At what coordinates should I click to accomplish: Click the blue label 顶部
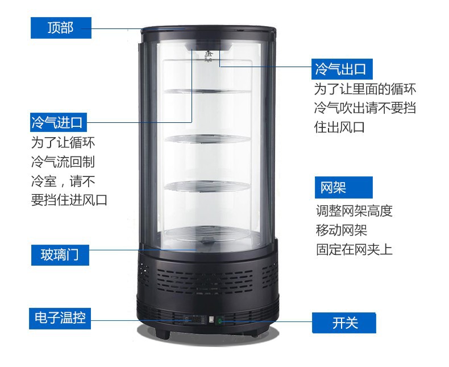pos(61,27)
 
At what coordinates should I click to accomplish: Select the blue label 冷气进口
pos(59,122)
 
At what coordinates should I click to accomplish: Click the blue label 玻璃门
pos(61,254)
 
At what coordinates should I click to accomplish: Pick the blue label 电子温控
pos(60,318)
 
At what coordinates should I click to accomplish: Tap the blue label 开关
pos(344,323)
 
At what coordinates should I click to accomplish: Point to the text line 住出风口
pos(339,126)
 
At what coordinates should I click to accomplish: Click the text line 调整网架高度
pos(354,211)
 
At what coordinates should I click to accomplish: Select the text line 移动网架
pos(342,230)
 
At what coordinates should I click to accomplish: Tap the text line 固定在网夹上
pos(354,249)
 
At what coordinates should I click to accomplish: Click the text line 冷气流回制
pos(63,162)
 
